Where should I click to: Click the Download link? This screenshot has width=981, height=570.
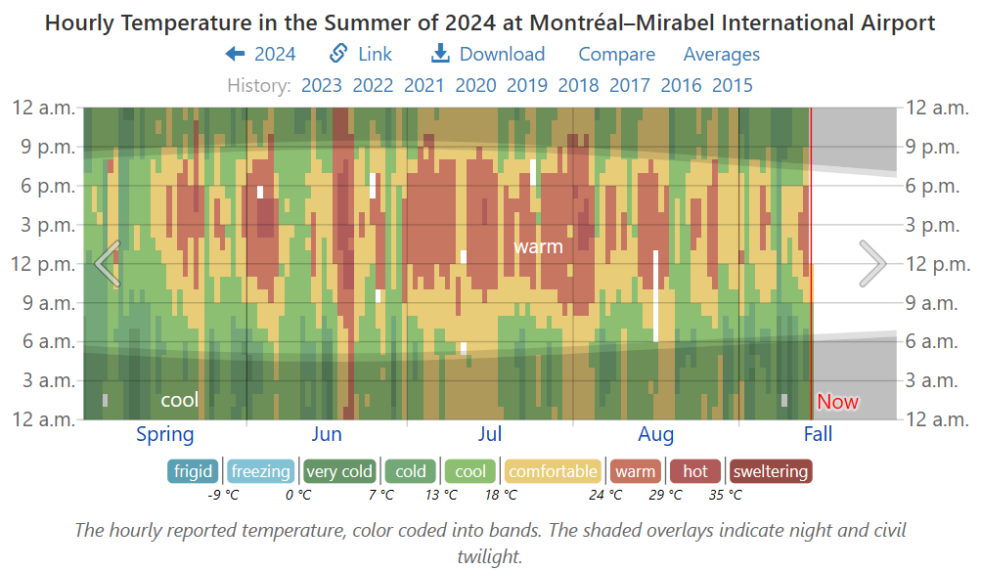click(x=489, y=55)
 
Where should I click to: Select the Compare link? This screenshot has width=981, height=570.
click(x=616, y=55)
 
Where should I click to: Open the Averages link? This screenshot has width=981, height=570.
click(x=721, y=55)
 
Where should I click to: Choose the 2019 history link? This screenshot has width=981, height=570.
click(x=527, y=85)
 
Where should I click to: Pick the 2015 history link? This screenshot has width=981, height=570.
click(x=733, y=85)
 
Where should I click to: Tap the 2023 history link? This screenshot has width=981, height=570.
click(x=322, y=85)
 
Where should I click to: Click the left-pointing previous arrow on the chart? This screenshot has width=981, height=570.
click(x=108, y=263)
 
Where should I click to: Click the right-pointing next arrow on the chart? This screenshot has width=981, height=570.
click(x=871, y=263)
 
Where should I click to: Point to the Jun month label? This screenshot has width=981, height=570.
click(x=327, y=434)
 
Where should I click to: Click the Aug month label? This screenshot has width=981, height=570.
click(x=655, y=434)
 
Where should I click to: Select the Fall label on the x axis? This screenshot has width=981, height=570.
click(x=818, y=434)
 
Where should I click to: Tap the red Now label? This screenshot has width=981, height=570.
click(x=837, y=402)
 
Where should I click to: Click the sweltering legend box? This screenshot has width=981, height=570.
click(x=771, y=471)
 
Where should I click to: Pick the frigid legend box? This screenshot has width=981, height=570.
click(x=193, y=471)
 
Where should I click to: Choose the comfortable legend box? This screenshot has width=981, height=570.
click(x=553, y=471)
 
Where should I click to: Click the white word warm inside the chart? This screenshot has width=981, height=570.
click(x=538, y=246)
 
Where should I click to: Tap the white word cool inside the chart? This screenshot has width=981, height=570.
click(x=179, y=400)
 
